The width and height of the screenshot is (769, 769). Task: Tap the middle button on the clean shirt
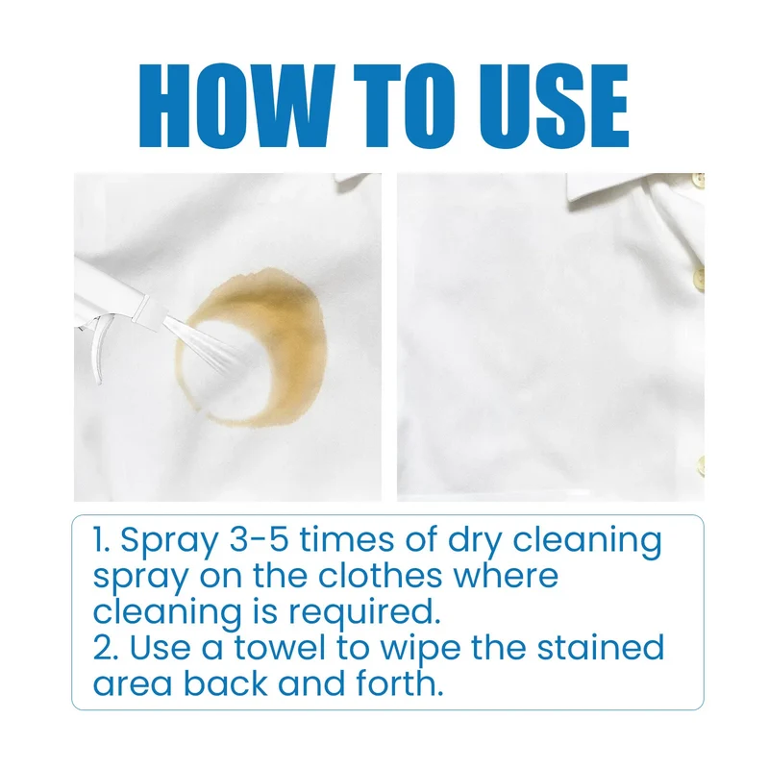699,279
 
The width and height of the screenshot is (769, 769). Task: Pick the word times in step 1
347,540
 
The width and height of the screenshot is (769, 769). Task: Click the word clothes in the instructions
380,575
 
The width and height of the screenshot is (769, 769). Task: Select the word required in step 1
364,614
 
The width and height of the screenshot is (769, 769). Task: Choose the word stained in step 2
602,647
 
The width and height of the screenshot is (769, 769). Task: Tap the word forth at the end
400,683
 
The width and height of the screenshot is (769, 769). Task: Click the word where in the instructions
506,575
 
